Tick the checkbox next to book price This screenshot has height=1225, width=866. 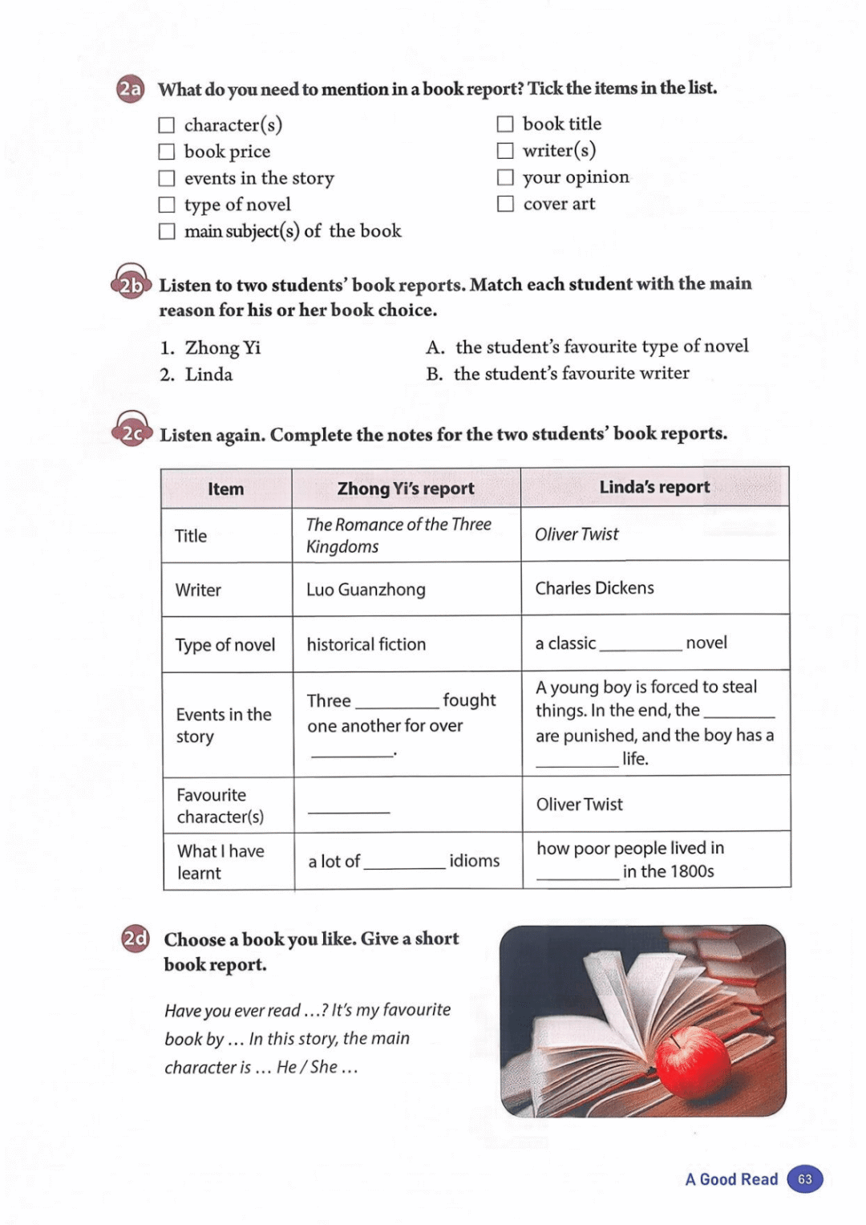167,152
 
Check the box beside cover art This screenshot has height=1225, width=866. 505,204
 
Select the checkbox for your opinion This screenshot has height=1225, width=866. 505,176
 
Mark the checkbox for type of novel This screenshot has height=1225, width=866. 167,205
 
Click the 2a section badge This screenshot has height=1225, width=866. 130,89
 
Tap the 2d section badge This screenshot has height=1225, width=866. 136,938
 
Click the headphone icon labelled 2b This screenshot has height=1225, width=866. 131,282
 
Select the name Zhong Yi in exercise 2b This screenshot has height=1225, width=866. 222,347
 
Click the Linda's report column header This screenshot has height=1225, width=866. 654,487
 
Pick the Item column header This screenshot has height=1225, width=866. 225,489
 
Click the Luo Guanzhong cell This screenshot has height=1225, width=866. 366,590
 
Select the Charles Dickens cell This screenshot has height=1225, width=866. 594,588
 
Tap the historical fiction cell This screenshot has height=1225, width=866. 366,644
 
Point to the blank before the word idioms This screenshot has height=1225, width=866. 404,862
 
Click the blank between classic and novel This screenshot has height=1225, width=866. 641,643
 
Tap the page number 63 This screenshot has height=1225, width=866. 805,1179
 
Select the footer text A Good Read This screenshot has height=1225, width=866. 731,1179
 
